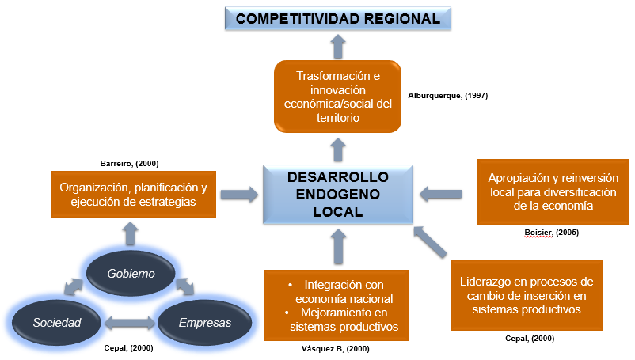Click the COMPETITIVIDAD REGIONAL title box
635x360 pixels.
click(x=338, y=18)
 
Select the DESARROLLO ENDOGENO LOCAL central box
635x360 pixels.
click(x=338, y=193)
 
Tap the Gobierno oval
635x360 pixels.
click(x=131, y=273)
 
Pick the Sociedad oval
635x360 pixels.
click(x=56, y=323)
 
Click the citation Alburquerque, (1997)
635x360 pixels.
click(x=447, y=96)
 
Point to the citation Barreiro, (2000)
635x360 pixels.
click(x=130, y=163)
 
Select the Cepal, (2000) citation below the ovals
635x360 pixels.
click(x=129, y=348)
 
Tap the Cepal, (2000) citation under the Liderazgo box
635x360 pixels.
click(x=529, y=339)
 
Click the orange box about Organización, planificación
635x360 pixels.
click(x=134, y=195)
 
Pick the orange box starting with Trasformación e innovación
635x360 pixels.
click(x=338, y=97)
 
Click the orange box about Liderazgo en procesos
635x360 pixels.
click(x=527, y=295)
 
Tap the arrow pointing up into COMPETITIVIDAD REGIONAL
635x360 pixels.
click(x=338, y=47)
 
